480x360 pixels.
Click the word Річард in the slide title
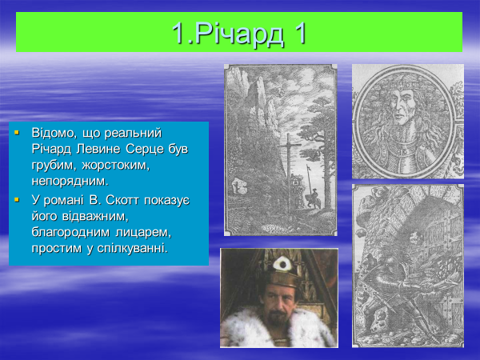pyautogui.click(x=238, y=34)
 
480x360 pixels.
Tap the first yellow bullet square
pyautogui.click(x=17, y=133)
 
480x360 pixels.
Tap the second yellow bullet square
pyautogui.click(x=17, y=200)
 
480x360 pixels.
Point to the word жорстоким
pyautogui.click(x=116, y=166)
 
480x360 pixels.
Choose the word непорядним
pyautogui.click(x=70, y=182)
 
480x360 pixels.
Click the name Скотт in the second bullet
pyautogui.click(x=122, y=200)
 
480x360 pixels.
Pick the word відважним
pyautogui.click(x=95, y=216)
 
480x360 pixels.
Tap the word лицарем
pyautogui.click(x=143, y=232)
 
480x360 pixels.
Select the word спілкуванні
pyautogui.click(x=133, y=248)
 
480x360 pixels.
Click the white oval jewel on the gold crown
pyautogui.click(x=282, y=264)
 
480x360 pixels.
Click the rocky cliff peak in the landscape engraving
pyautogui.click(x=259, y=92)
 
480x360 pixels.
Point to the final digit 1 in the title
pyautogui.click(x=300, y=34)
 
